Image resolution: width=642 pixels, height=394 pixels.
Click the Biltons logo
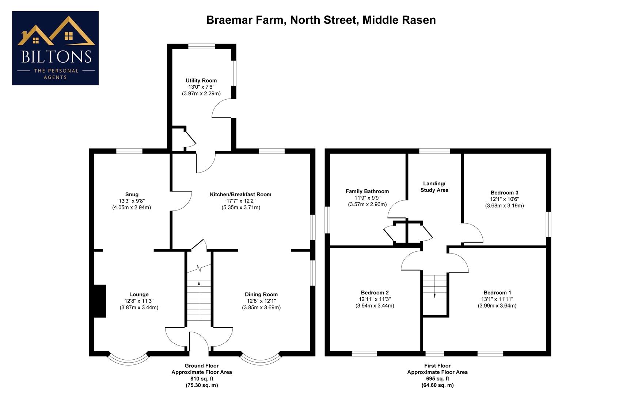point(56,48)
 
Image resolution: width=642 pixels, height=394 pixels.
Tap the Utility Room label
point(201,81)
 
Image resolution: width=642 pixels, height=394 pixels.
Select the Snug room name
point(132,194)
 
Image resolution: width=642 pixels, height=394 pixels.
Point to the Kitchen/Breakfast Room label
point(240,194)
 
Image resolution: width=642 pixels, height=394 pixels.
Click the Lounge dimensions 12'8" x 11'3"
point(139,301)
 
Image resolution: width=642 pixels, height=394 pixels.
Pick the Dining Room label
point(261,294)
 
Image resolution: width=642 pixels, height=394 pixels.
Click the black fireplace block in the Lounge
point(100,301)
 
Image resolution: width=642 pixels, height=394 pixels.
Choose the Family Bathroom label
point(367,191)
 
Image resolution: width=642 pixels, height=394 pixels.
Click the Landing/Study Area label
point(434,187)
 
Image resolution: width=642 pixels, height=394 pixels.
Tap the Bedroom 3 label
point(504,193)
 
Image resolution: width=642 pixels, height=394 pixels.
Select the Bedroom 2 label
point(375,293)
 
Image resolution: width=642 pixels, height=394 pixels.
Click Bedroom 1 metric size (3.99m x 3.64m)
point(497,306)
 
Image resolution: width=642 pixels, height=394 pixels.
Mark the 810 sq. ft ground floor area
point(202,379)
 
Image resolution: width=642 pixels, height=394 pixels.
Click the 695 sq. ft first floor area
point(437,379)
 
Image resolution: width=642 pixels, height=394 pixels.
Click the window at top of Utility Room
point(202,46)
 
